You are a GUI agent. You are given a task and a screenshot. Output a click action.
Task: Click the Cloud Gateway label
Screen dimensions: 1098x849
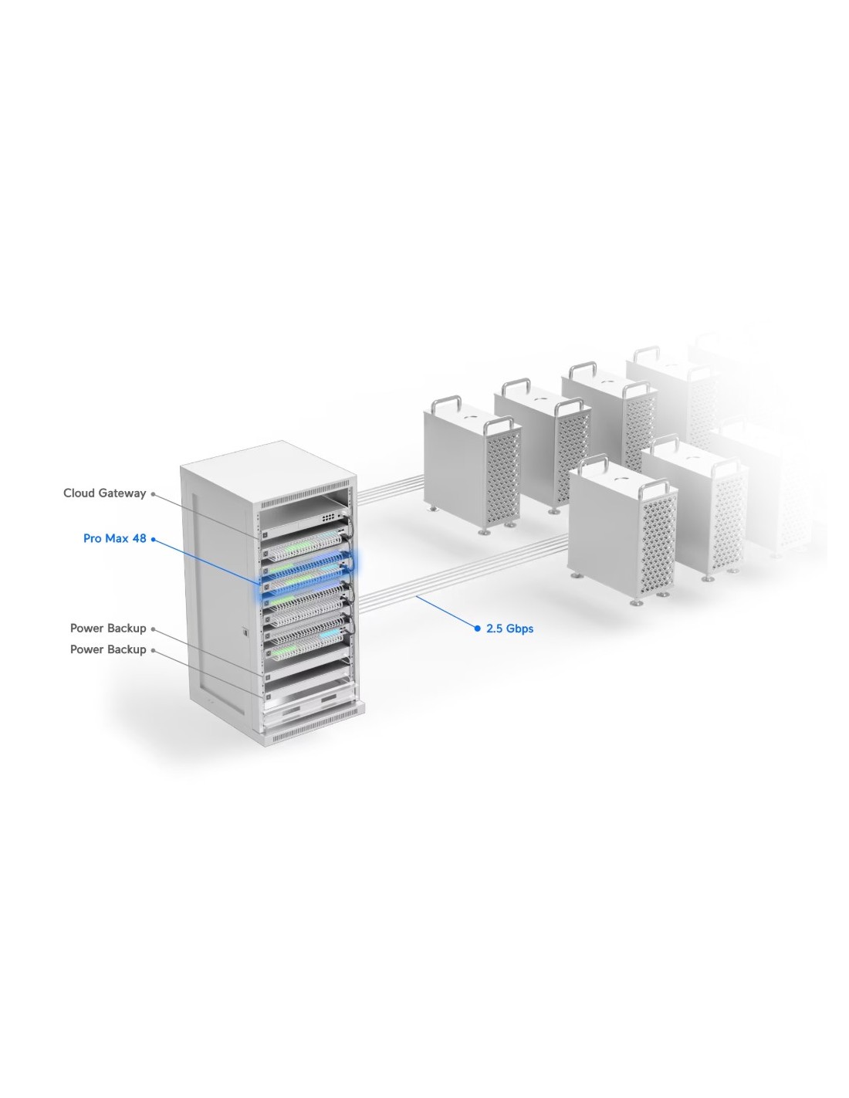[104, 493]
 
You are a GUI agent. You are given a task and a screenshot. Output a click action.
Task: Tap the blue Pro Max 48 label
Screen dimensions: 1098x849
[114, 538]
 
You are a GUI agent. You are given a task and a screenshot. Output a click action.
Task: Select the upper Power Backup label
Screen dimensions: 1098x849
[108, 629]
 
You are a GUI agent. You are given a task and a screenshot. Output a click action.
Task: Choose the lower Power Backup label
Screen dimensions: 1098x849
[108, 649]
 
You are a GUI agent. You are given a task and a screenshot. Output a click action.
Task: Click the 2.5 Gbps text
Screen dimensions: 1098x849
[509, 629]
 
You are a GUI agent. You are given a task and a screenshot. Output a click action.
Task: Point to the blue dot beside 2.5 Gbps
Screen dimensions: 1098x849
[477, 629]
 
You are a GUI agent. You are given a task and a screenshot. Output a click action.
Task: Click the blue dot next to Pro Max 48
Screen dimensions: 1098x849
[154, 538]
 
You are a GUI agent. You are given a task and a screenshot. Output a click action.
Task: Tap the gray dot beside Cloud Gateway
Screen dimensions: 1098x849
[154, 493]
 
